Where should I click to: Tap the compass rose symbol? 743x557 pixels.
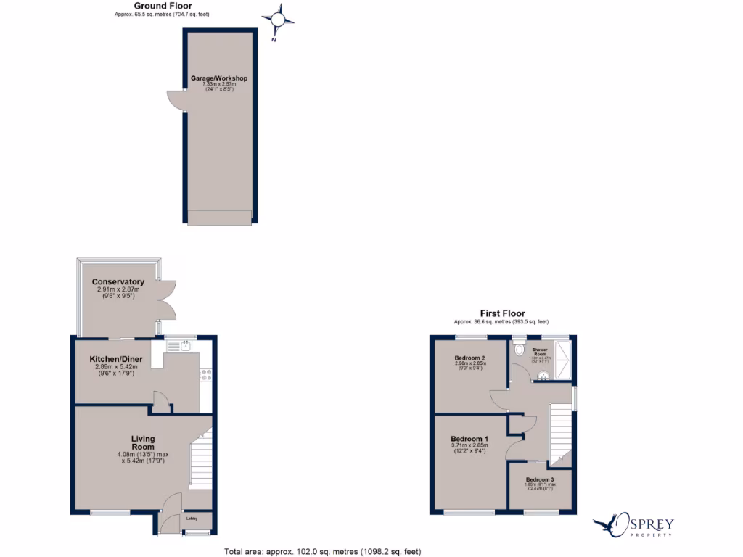pyautogui.click(x=279, y=20)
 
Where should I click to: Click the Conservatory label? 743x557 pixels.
pyautogui.click(x=118, y=282)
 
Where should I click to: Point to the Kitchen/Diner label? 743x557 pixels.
pyautogui.click(x=115, y=359)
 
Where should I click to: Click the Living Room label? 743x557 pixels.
pyautogui.click(x=143, y=442)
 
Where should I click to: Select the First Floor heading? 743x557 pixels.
pyautogui.click(x=501, y=314)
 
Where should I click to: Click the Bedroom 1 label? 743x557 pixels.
pyautogui.click(x=469, y=440)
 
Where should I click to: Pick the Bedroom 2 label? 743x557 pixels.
pyautogui.click(x=469, y=358)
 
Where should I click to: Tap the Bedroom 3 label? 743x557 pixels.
pyautogui.click(x=540, y=481)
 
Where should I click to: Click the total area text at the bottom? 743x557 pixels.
pyautogui.click(x=323, y=551)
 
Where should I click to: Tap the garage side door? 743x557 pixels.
pyautogui.click(x=175, y=101)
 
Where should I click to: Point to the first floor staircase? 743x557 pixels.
pyautogui.click(x=560, y=434)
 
